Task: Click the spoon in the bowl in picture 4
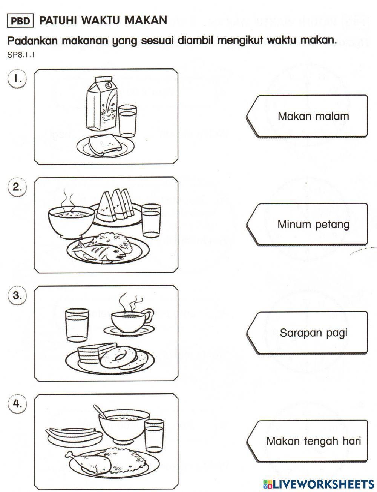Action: [100, 411]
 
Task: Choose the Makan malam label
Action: [313, 116]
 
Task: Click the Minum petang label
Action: [313, 225]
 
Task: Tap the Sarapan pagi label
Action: [313, 333]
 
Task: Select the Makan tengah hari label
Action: [313, 441]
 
